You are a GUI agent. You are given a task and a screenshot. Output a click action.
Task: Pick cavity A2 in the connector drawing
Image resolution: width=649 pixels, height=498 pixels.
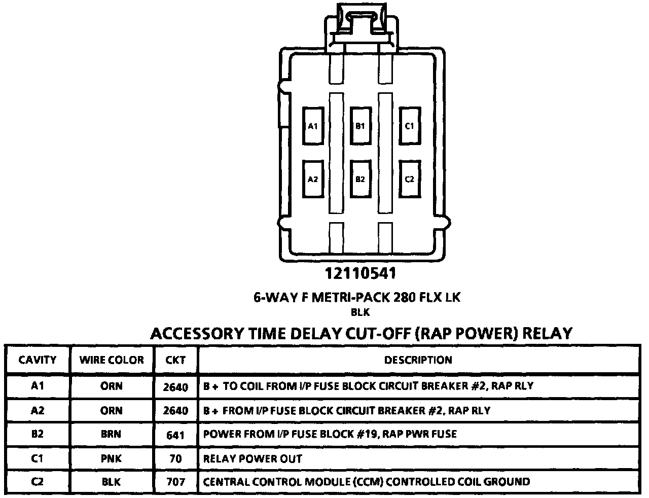coord(313,179)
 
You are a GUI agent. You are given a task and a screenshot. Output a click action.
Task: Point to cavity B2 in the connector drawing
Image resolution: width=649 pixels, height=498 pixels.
coord(360,179)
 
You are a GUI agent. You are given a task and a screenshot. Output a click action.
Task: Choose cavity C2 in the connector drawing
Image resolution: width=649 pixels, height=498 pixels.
coord(409,179)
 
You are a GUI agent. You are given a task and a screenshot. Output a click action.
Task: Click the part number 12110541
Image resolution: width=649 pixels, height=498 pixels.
coord(360,273)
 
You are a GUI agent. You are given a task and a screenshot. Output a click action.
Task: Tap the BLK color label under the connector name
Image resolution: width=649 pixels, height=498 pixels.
coord(360,313)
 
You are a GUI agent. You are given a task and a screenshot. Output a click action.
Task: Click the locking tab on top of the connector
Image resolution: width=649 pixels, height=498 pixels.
coord(360,23)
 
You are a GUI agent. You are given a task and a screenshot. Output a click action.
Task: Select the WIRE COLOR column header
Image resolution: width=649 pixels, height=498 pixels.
coord(112,360)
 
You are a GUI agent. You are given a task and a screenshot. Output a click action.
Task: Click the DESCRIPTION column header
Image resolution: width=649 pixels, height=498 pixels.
coord(418,360)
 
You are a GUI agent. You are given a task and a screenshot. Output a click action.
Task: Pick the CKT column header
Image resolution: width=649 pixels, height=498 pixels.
coord(175,361)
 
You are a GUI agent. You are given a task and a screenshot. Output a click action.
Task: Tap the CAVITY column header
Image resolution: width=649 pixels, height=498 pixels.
coord(38,360)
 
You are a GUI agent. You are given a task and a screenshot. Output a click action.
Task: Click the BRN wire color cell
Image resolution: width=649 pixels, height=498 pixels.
coord(112,434)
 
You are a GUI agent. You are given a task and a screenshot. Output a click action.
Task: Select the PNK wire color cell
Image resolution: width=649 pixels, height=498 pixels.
coord(112,458)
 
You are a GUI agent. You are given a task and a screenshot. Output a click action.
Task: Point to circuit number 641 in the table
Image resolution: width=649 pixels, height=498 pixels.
coord(175,435)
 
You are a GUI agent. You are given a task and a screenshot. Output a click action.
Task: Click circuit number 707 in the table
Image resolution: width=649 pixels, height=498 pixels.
coord(175,482)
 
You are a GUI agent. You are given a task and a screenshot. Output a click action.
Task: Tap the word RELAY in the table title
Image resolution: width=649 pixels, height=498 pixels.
coord(547,333)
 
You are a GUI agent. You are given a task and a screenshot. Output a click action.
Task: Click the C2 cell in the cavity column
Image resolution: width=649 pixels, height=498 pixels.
coord(38,482)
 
